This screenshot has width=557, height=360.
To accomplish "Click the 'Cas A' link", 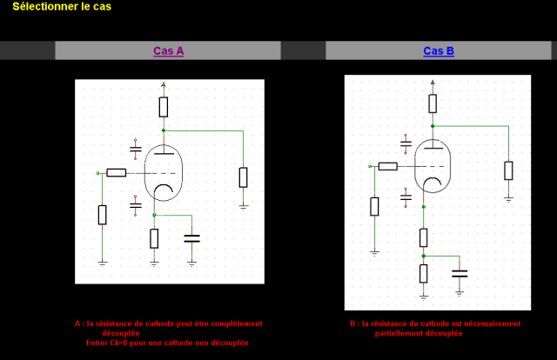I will click(x=168, y=50).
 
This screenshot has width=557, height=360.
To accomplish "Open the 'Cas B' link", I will click(x=439, y=50).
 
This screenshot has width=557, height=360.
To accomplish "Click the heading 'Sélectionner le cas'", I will click(x=62, y=6).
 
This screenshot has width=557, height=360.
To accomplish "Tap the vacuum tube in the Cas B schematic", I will click(x=433, y=166).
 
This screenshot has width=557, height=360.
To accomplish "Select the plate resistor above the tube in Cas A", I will click(x=164, y=107).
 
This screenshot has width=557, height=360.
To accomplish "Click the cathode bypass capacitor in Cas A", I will click(x=192, y=237).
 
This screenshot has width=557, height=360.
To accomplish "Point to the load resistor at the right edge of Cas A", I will click(x=244, y=177).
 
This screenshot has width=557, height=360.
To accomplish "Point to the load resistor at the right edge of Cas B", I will click(x=508, y=170).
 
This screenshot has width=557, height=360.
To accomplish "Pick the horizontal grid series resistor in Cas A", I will click(x=116, y=173).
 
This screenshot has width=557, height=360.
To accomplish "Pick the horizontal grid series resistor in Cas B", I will click(x=388, y=166).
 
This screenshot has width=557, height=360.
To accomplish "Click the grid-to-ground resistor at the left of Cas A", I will click(x=103, y=214).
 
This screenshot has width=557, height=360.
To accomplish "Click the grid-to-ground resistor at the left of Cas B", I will click(x=374, y=206).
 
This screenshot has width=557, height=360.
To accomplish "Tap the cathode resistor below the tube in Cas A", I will click(x=154, y=237).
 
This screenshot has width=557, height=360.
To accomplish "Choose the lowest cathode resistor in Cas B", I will click(x=424, y=274).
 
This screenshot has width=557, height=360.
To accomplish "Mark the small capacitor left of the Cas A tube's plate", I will click(x=135, y=150).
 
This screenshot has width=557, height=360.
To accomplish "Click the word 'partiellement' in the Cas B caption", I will click(x=401, y=333).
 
